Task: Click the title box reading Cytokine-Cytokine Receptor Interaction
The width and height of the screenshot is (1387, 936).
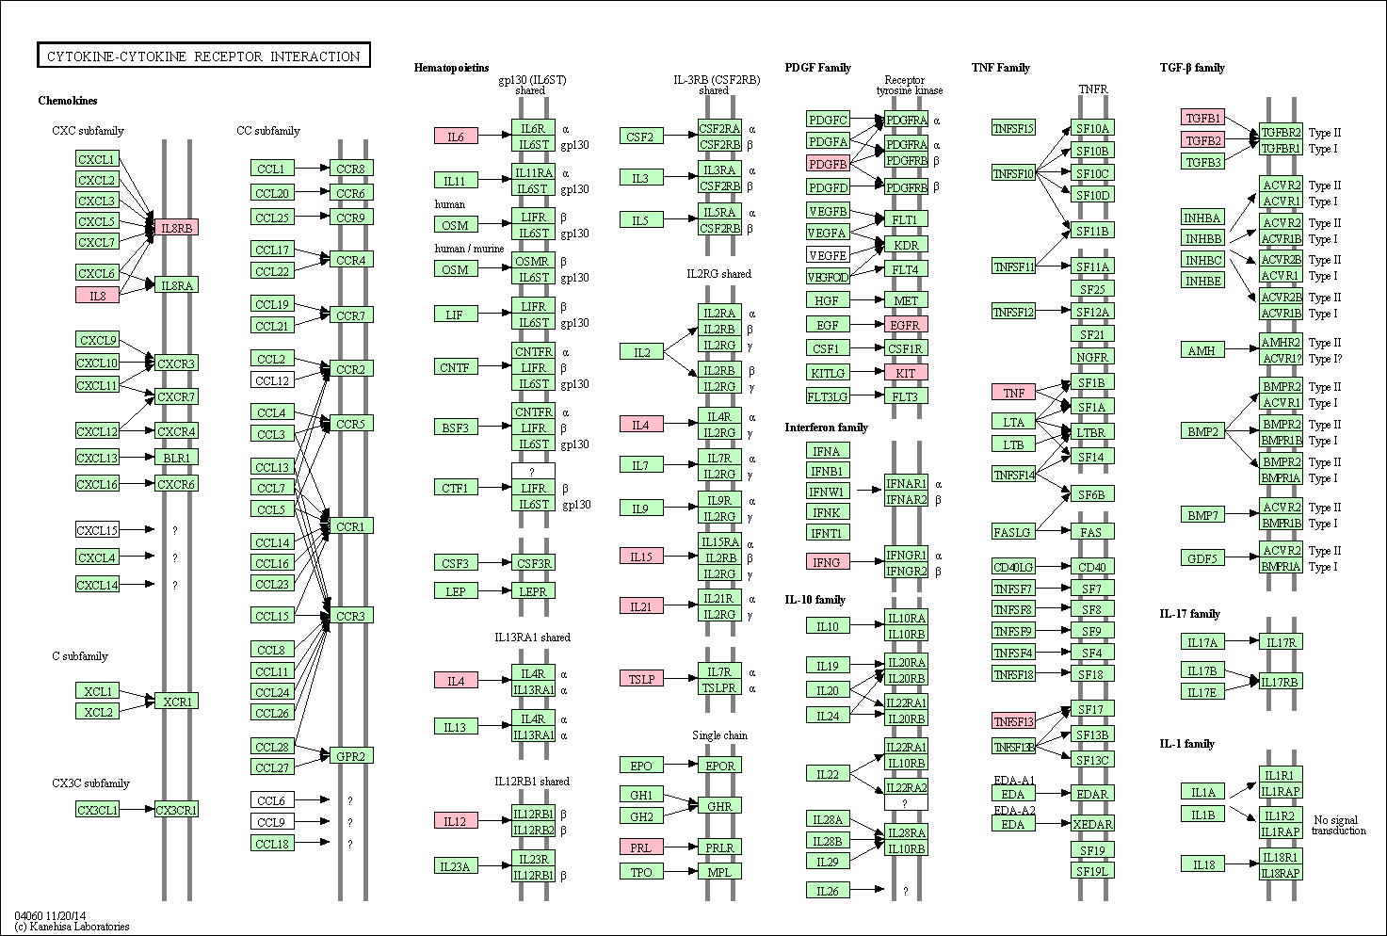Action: (203, 56)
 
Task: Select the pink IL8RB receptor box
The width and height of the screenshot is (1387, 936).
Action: (176, 228)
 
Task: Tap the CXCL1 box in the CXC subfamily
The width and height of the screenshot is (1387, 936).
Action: (97, 158)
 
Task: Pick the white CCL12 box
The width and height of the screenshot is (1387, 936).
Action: (272, 380)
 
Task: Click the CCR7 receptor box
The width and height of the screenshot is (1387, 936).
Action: (351, 315)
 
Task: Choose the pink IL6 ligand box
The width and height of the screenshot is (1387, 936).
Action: (456, 137)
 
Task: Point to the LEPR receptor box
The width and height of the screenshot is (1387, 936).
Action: (533, 591)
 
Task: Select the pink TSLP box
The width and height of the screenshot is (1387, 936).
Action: (641, 679)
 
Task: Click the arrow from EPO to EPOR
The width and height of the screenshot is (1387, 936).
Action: (681, 766)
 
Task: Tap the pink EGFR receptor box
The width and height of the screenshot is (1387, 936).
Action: (906, 324)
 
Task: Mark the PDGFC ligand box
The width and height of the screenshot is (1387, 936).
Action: (828, 119)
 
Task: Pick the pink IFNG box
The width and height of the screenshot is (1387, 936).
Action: (828, 561)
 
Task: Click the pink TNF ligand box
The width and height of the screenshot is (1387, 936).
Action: (1013, 393)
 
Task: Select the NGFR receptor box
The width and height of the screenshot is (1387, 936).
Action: (1092, 357)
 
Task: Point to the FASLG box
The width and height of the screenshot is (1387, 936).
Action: (1013, 532)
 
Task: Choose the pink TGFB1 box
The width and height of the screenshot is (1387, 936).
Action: (1203, 118)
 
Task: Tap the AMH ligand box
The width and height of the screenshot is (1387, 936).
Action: (1203, 350)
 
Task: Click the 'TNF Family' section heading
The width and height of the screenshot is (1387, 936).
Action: (1001, 68)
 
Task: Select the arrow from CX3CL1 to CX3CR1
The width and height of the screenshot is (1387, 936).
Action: (137, 809)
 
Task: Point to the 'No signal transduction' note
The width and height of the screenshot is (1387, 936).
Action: (1338, 825)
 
